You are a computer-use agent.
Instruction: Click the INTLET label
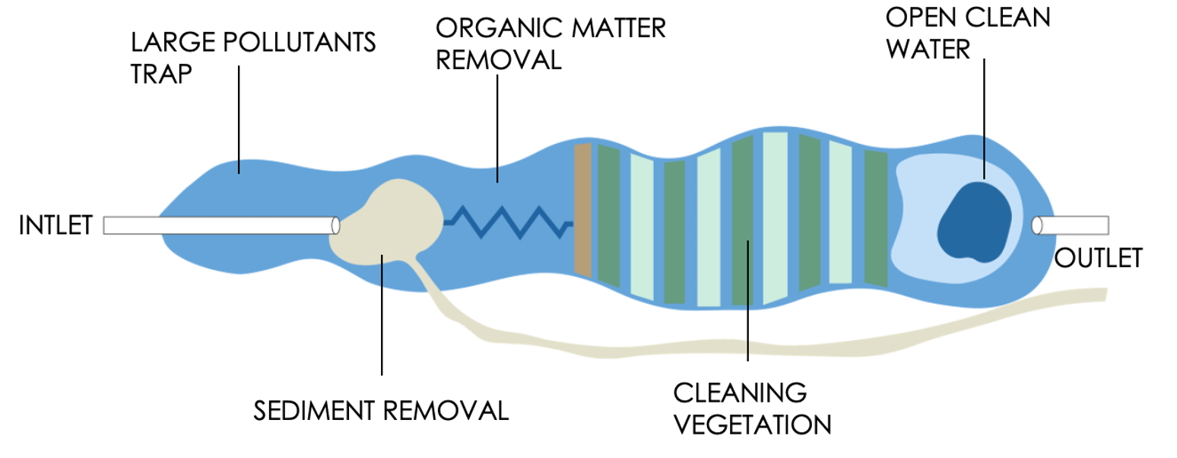56,226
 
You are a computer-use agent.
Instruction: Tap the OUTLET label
1098,259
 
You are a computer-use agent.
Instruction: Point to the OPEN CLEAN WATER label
967,33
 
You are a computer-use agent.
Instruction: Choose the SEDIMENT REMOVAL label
380,411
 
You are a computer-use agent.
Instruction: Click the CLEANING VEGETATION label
752,409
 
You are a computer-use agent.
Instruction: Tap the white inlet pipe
220,226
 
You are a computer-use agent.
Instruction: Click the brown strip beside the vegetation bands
582,209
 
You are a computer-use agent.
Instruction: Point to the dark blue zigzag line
509,221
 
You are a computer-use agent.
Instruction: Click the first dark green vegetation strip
609,215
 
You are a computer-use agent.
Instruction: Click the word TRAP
161,74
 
